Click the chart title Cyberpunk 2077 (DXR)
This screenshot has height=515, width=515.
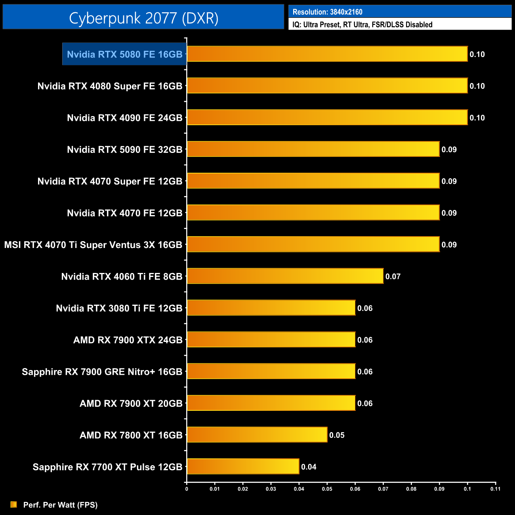tap(143, 18)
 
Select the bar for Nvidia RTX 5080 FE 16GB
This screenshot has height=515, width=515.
tap(327, 54)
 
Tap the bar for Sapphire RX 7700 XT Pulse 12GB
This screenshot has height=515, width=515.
tap(243, 466)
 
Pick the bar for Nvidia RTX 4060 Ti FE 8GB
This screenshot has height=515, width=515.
tap(285, 276)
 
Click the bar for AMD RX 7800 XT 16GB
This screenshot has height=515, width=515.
tap(257, 435)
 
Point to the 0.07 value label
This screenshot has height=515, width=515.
tap(393, 277)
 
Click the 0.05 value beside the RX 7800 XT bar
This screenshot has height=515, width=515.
tap(337, 435)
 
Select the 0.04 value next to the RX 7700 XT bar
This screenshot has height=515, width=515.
tap(309, 467)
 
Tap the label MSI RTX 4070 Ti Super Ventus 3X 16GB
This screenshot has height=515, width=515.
tap(93, 245)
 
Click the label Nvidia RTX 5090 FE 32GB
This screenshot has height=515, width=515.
tap(124, 150)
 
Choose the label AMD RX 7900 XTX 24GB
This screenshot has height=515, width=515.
tap(128, 340)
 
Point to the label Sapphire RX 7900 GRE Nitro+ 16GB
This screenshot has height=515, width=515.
tap(102, 372)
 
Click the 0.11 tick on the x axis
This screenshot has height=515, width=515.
tap(495, 489)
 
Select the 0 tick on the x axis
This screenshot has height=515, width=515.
tap(187, 489)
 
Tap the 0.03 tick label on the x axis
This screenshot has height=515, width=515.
tap(271, 489)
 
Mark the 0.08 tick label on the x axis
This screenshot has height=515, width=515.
tap(411, 489)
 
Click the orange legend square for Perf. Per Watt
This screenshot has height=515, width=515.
tap(14, 504)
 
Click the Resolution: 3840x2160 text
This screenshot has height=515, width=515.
tap(327, 12)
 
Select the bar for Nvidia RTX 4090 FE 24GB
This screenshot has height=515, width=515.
tap(327, 117)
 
